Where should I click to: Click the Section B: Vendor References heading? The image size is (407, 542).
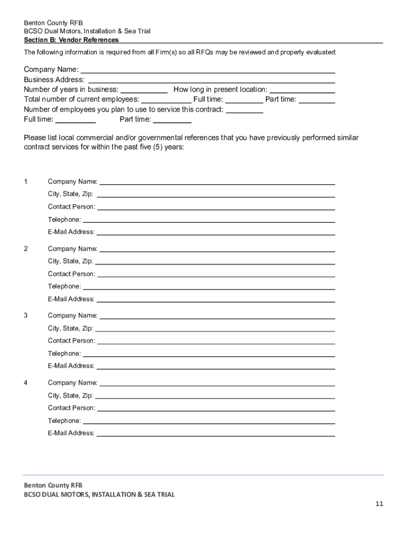coord(71,40)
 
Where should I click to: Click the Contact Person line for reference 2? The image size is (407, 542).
coord(216,275)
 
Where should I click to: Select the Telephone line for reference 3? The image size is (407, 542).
coord(209,354)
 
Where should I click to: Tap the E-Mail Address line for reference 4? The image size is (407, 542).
coord(215,434)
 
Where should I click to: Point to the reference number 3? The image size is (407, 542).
coord(25,315)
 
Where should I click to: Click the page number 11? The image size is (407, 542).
coord(379,504)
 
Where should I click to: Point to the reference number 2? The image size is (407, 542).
coord(25,248)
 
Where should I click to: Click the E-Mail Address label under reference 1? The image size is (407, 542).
coord(71,232)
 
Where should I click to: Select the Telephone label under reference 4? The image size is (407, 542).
coord(64,421)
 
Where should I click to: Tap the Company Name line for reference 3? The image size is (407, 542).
coord(217,317)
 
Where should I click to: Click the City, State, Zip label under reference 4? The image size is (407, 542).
coord(70,395)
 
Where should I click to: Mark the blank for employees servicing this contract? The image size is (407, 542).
coord(245,110)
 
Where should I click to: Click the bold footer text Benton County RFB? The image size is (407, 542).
coord(53,485)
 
